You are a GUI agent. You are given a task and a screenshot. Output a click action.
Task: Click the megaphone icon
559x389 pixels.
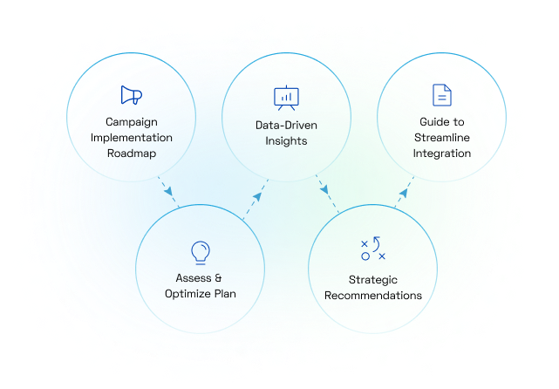coord(131,95)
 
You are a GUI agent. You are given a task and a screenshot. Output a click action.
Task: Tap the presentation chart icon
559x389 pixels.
coord(286,96)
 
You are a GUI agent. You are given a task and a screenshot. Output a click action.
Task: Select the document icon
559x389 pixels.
coord(442,95)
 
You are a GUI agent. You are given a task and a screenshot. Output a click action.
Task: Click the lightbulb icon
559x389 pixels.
coord(201,252)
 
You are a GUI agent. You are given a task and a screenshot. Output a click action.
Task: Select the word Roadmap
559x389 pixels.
coord(133,154)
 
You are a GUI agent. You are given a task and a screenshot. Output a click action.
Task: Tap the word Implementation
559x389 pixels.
coord(133,137)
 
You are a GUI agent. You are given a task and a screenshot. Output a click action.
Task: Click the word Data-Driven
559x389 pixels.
coord(287,125)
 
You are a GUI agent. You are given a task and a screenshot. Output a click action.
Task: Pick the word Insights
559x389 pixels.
coord(287,141)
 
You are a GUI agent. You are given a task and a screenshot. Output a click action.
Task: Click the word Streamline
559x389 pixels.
coord(442,137)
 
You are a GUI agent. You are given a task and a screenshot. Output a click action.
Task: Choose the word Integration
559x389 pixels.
coord(442,154)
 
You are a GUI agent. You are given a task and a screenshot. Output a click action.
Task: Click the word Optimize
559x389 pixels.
coord(189,294)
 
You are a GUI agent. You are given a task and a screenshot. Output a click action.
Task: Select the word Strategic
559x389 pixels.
coord(373,279)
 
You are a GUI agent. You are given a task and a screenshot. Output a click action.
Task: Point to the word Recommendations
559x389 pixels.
coord(373,296)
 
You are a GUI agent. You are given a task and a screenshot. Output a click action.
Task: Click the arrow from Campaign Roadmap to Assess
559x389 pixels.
coord(165,189)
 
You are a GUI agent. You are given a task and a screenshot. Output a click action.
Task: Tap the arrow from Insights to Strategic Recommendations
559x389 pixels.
coord(323,188)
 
